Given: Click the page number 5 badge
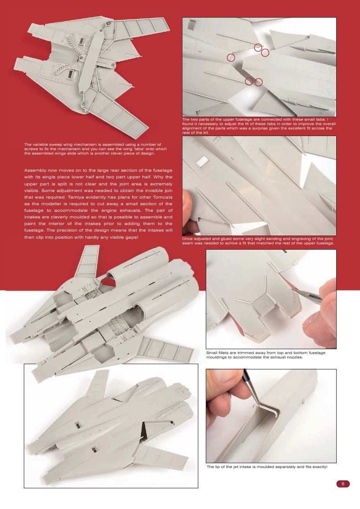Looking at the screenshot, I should pos(343,484).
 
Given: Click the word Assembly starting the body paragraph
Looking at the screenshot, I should pos(38,170).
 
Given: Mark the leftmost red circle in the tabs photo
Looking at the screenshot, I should pos(231,57).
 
